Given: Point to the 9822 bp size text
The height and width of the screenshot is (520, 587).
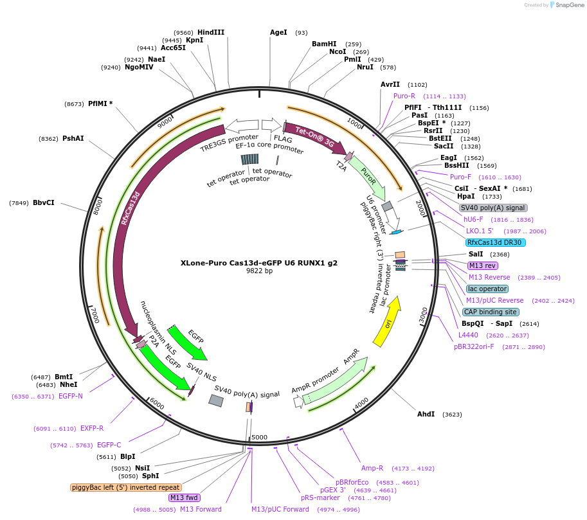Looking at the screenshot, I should (x=259, y=271).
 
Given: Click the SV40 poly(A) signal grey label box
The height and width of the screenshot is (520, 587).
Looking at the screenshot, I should (x=493, y=208).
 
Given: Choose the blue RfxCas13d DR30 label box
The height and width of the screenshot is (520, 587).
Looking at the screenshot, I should (x=496, y=242).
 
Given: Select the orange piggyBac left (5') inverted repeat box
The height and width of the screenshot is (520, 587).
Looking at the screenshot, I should (x=125, y=487).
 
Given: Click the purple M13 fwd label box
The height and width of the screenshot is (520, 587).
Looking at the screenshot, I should (x=184, y=498).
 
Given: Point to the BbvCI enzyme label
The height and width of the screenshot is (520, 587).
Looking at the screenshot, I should (x=44, y=202).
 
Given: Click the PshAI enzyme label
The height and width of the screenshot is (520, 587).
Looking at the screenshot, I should (x=73, y=138).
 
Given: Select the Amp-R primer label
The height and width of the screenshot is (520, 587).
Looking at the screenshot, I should (x=372, y=468).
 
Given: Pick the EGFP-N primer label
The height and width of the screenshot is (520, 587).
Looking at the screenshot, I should (x=71, y=396).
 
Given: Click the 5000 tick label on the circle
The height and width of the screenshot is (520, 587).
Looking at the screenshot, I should (x=259, y=438).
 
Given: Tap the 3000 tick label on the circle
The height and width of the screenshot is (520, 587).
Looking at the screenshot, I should (x=422, y=316).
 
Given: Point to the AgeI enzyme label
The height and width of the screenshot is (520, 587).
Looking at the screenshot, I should (x=278, y=32).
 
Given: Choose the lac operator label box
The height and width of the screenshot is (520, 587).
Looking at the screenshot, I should (x=487, y=289).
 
